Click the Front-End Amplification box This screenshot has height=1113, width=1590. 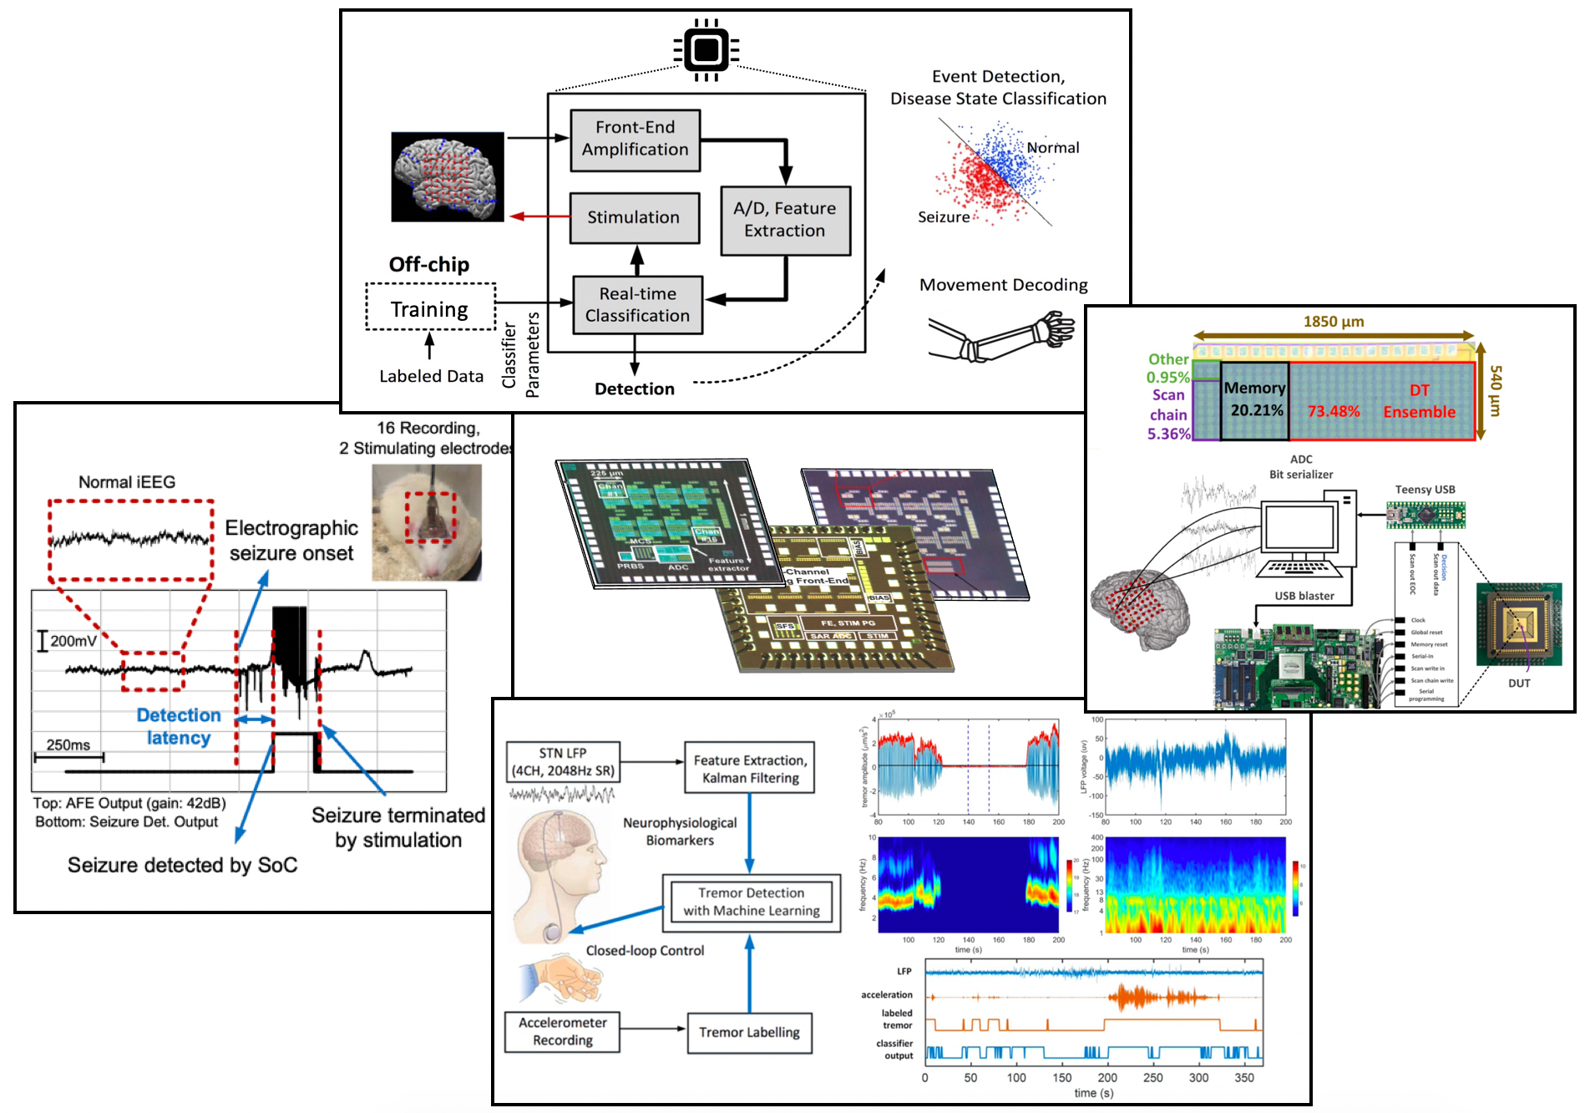[635, 140]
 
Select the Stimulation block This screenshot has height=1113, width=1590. [635, 217]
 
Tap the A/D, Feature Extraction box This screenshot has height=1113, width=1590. [785, 220]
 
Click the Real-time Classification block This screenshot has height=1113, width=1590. [637, 305]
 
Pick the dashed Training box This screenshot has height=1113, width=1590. [430, 308]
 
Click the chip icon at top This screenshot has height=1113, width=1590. [706, 49]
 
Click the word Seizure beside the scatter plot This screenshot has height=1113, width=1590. [944, 217]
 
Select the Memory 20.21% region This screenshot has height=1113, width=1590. [1254, 400]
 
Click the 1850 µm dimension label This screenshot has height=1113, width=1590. [1334, 322]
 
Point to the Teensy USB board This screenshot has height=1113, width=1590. [1425, 515]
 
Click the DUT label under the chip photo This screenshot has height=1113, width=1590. [1519, 684]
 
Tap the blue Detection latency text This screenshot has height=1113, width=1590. [179, 726]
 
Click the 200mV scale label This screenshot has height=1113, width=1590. [73, 641]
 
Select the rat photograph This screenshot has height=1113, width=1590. [427, 522]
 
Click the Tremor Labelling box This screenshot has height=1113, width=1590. [749, 1032]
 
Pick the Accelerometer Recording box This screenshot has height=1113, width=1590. [562, 1031]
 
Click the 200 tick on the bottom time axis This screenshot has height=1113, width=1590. [1107, 1078]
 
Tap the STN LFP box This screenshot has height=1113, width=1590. [562, 761]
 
